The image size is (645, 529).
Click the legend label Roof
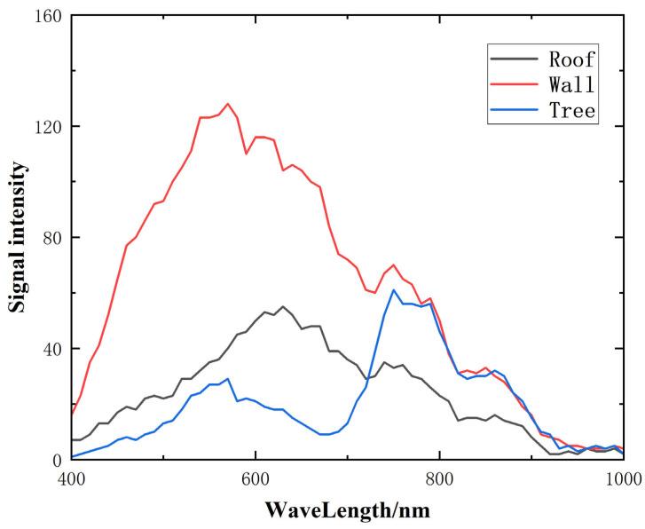coord(572,60)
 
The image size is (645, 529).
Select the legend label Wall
coord(572,86)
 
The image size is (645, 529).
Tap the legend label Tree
coord(572,111)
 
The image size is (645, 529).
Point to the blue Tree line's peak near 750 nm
coord(394,289)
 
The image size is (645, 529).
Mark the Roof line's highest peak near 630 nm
coord(283,307)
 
